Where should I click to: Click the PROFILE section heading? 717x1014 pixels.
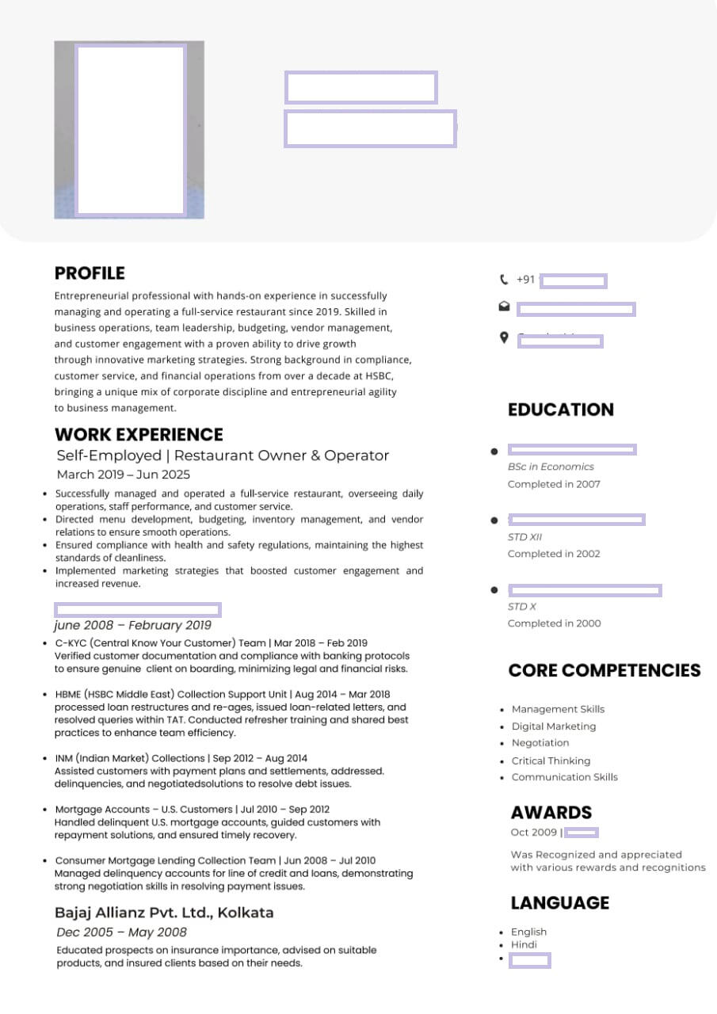click(x=90, y=273)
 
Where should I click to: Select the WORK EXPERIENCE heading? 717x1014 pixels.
click(x=139, y=434)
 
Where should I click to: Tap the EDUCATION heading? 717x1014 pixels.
click(x=560, y=410)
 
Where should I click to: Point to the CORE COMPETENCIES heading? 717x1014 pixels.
click(x=604, y=670)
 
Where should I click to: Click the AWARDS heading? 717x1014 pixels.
click(x=551, y=812)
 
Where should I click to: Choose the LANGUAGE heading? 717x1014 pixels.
click(x=559, y=903)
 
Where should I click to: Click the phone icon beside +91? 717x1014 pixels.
click(x=503, y=280)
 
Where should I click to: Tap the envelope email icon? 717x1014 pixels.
click(x=503, y=307)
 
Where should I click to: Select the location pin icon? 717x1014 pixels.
click(x=503, y=337)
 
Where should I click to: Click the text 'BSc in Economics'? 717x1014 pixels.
click(x=551, y=467)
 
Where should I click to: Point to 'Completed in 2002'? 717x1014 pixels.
click(x=554, y=554)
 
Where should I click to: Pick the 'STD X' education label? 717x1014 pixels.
click(x=522, y=606)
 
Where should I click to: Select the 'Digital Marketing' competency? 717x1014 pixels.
click(x=553, y=726)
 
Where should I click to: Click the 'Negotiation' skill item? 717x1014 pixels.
click(x=540, y=743)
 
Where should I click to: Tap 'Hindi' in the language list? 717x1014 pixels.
click(x=524, y=944)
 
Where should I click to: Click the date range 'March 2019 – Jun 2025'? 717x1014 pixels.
click(x=124, y=475)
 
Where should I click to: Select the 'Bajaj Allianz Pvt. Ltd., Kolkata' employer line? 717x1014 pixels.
click(x=164, y=912)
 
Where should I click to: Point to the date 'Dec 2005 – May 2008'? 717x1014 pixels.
click(x=121, y=932)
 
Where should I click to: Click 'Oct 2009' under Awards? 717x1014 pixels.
click(x=534, y=833)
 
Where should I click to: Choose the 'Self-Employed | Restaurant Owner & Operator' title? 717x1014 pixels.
click(x=223, y=456)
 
